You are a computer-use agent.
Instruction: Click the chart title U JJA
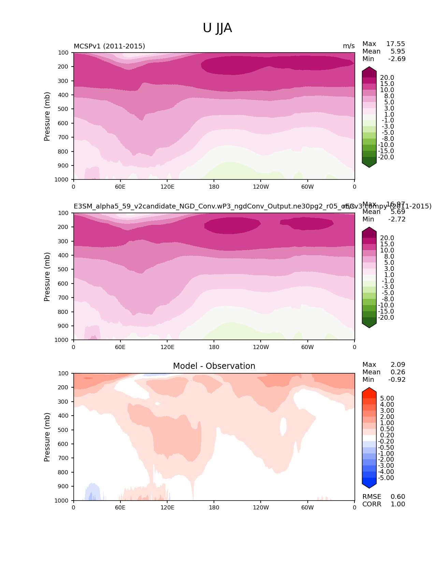point(217,28)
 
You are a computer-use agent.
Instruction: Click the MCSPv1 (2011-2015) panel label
point(109,46)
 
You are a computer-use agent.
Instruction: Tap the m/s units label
point(349,46)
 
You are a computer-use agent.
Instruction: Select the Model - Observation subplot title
point(214,366)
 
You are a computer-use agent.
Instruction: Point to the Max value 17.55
point(395,44)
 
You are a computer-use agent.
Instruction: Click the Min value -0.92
point(397,380)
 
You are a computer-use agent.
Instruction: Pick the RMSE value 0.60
point(398,497)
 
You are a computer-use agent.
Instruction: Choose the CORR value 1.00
point(398,504)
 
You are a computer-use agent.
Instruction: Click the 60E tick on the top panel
point(120,187)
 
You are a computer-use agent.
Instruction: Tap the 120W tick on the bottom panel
point(261,507)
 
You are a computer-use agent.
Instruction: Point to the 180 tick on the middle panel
point(214,347)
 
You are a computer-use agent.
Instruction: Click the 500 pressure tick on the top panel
point(64,109)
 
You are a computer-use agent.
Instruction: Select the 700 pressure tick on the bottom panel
point(64,458)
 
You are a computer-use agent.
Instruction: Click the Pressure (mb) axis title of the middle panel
point(47,277)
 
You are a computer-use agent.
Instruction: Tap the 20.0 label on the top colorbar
point(387,78)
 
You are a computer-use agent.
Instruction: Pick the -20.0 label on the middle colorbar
point(386,318)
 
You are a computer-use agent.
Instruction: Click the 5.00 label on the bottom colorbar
point(387,399)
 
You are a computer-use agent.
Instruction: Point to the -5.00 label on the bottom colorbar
point(386,478)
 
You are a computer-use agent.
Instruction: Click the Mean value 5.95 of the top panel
point(398,52)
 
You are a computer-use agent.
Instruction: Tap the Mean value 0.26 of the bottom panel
point(398,372)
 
